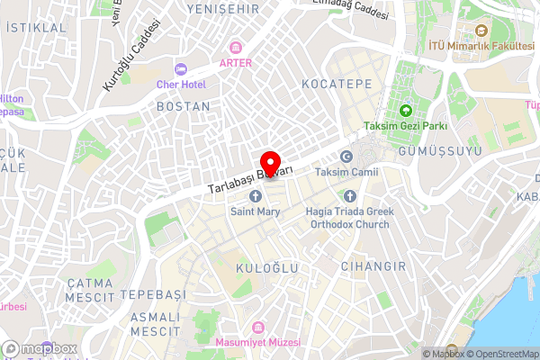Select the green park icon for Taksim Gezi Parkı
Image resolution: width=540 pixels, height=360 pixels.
[x=405, y=111]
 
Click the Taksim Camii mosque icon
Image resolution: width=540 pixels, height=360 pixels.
[x=345, y=157]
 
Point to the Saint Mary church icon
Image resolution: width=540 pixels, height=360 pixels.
[x=255, y=195]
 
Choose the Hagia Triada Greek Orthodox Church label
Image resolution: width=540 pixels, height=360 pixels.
[x=350, y=217]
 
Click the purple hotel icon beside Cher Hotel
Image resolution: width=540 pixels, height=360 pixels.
[x=180, y=68]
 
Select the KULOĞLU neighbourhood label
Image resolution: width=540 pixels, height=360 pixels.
[x=260, y=269]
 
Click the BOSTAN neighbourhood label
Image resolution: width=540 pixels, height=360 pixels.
[x=183, y=106]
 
